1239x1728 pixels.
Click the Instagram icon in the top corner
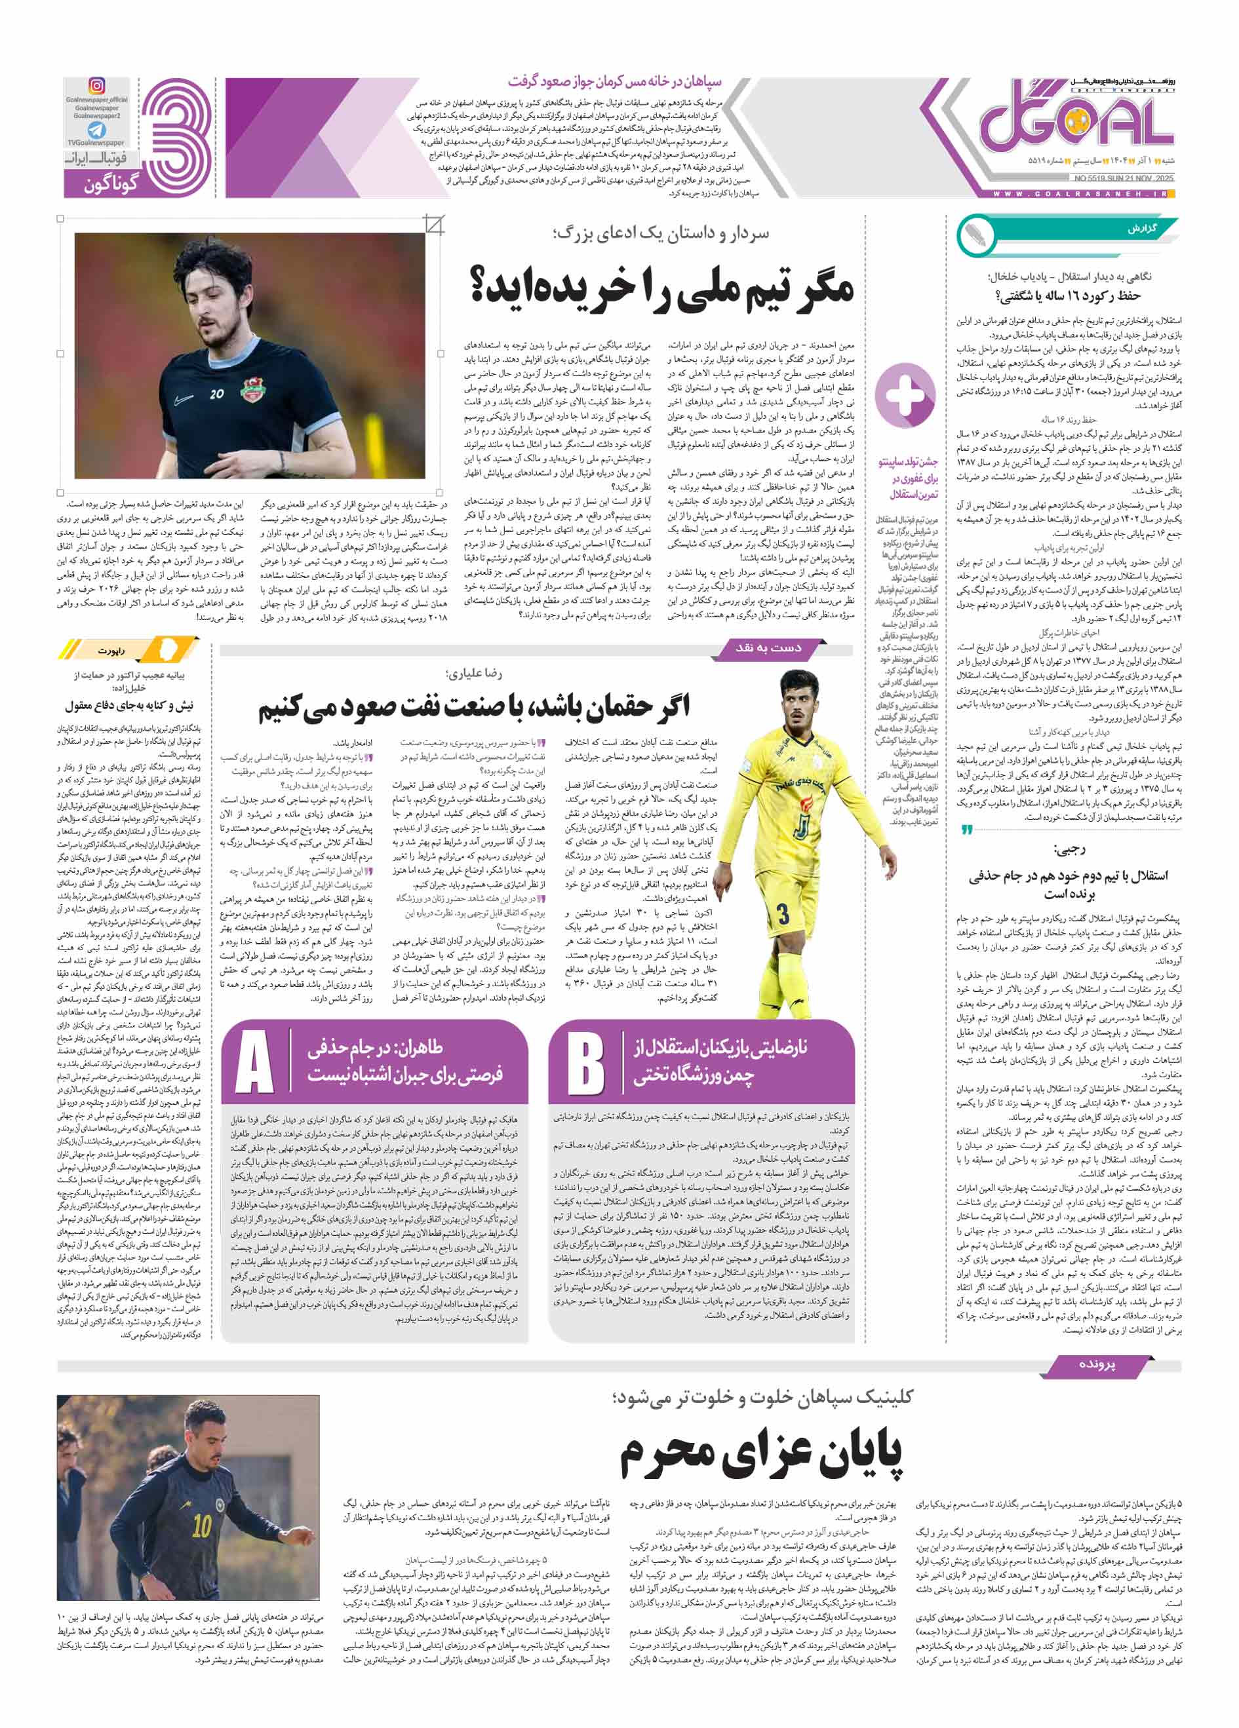point(97,86)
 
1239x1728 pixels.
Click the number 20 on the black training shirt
point(217,394)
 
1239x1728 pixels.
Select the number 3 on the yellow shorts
point(783,913)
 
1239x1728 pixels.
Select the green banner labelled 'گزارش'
point(1141,229)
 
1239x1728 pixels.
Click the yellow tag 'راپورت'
point(111,651)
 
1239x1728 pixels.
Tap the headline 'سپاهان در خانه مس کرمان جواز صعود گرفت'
point(614,81)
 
